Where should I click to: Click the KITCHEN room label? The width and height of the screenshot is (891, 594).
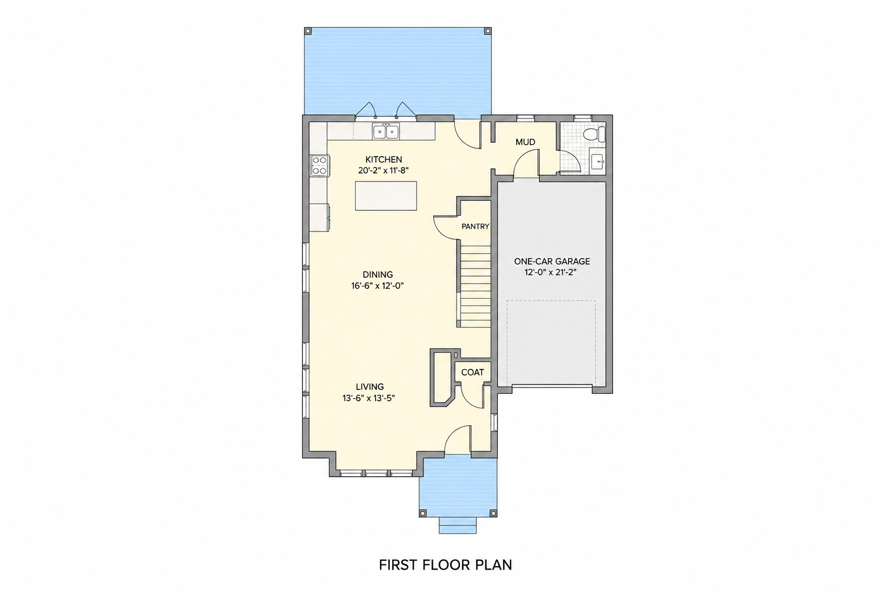[383, 160]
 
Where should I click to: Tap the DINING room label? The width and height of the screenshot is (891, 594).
[378, 274]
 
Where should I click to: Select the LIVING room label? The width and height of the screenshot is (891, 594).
[370, 387]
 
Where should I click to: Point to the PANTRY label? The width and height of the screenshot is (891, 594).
[475, 226]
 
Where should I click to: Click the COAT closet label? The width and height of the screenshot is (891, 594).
[473, 372]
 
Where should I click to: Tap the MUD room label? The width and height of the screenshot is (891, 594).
[525, 142]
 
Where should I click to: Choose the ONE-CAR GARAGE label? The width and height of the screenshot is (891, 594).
[552, 262]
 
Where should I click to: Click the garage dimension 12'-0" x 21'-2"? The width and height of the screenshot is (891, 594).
[550, 273]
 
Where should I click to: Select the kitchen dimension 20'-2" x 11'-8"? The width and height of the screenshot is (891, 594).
[383, 171]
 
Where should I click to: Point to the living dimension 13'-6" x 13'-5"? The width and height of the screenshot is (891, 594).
[368, 399]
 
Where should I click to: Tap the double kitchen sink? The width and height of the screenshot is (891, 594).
[386, 131]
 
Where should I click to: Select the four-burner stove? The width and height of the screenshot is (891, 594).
[320, 165]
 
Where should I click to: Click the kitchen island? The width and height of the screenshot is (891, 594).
[386, 195]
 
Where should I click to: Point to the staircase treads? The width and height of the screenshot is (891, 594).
[475, 287]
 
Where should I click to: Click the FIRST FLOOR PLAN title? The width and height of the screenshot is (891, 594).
[445, 565]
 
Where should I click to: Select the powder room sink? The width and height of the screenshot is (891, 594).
[598, 162]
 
